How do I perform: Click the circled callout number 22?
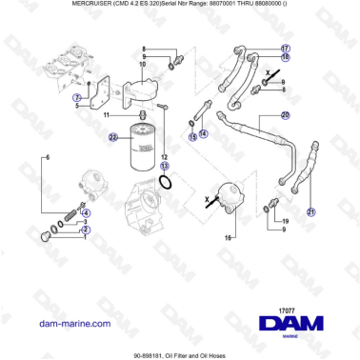(x=112, y=137)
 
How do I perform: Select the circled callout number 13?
(x=164, y=165)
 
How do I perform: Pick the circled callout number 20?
(x=285, y=115)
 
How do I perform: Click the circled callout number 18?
(x=286, y=57)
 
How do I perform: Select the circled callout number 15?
(x=193, y=137)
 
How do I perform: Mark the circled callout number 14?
(x=203, y=133)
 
